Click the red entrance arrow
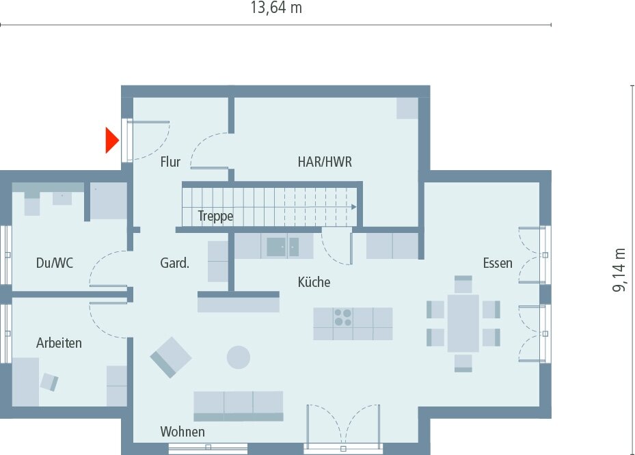pyautogui.click(x=111, y=140)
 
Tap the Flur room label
pyautogui.click(x=170, y=162)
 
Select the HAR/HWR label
pyautogui.click(x=325, y=162)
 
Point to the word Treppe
pyautogui.click(x=215, y=217)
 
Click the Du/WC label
pyautogui.click(x=54, y=263)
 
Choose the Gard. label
pyautogui.click(x=174, y=263)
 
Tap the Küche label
pyautogui.click(x=314, y=281)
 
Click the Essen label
pyautogui.click(x=497, y=263)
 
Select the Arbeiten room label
pyautogui.click(x=59, y=343)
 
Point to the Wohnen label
pyautogui.click(x=183, y=432)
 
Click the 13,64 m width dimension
pyautogui.click(x=276, y=9)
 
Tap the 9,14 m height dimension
pyautogui.click(x=619, y=270)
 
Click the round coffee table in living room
pyautogui.click(x=239, y=357)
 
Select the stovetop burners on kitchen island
pyautogui.click(x=343, y=318)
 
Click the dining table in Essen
pyautogui.click(x=463, y=323)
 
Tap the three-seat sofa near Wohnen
pyautogui.click(x=238, y=405)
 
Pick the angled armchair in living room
pyautogui.click(x=171, y=357)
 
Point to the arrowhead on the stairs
pyautogui.click(x=354, y=206)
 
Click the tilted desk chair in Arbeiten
pyautogui.click(x=49, y=381)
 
